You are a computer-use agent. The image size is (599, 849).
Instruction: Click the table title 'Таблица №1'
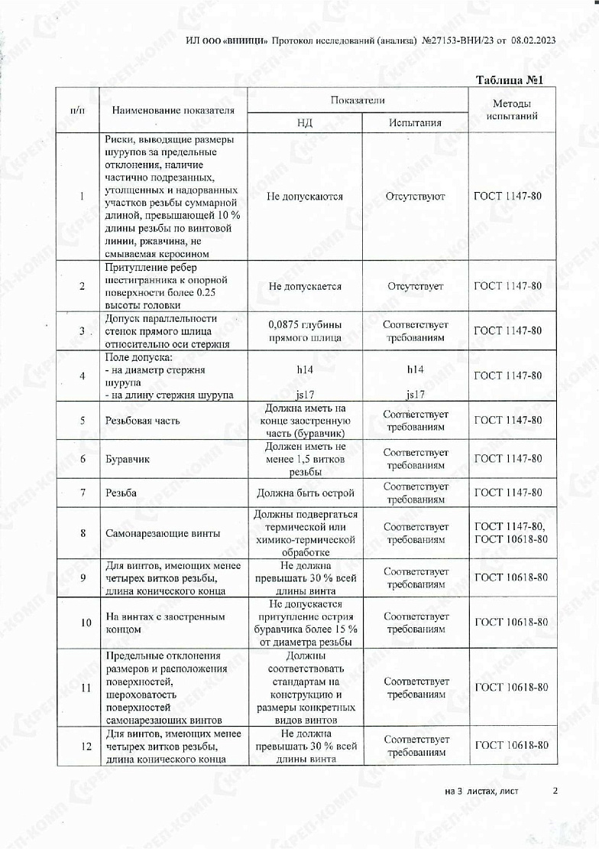(x=509, y=80)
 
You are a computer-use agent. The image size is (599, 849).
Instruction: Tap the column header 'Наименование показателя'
(x=173, y=110)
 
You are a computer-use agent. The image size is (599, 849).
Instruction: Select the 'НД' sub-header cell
(x=305, y=122)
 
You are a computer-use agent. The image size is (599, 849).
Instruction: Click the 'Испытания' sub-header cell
(x=415, y=122)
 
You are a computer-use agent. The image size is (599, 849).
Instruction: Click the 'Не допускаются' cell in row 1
(x=305, y=197)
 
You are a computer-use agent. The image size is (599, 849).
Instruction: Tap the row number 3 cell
(x=82, y=330)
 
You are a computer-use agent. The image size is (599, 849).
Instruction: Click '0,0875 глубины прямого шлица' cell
(x=305, y=330)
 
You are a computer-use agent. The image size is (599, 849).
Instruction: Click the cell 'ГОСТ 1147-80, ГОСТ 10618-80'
(x=511, y=532)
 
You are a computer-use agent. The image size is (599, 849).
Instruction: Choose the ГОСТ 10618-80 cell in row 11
(x=511, y=688)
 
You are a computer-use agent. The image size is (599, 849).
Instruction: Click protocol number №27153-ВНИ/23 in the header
(x=457, y=40)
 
